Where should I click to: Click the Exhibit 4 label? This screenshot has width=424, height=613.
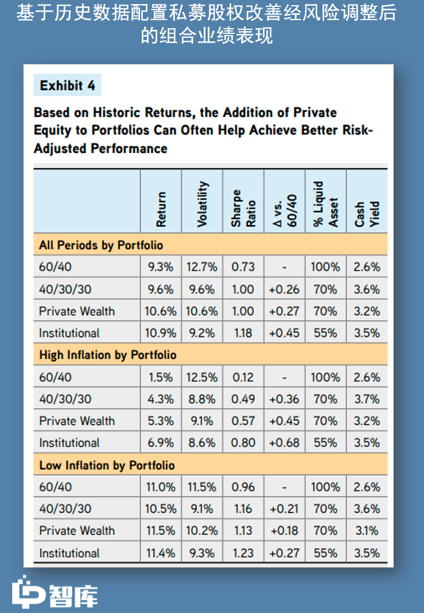[67, 85]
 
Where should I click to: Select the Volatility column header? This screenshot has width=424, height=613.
[202, 204]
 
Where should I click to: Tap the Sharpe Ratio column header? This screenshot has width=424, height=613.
[243, 208]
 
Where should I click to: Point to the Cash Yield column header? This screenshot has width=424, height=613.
[367, 214]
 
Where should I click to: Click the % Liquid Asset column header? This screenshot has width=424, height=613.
[325, 204]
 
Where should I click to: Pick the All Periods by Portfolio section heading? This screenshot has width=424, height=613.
[101, 245]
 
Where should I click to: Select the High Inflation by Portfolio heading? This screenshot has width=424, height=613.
[108, 355]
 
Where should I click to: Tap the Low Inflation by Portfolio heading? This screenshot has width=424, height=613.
[107, 465]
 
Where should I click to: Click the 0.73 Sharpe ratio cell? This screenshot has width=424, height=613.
[243, 267]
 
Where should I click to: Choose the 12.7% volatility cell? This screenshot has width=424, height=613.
[201, 267]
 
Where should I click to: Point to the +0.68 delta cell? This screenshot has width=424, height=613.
[284, 443]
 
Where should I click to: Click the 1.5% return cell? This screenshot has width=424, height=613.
[161, 377]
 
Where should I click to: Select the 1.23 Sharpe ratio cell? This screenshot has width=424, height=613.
[243, 553]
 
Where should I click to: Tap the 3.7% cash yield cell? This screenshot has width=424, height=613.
[367, 399]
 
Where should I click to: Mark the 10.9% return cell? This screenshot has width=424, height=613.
[161, 333]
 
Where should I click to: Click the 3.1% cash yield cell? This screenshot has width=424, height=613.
[367, 531]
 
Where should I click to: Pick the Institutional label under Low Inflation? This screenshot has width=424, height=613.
[69, 553]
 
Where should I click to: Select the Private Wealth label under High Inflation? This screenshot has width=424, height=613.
[77, 421]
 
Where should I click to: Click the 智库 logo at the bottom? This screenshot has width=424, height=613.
[55, 592]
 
